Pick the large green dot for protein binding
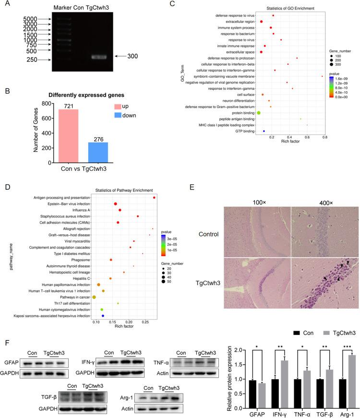coord(259,112)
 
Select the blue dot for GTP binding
coord(264,131)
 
